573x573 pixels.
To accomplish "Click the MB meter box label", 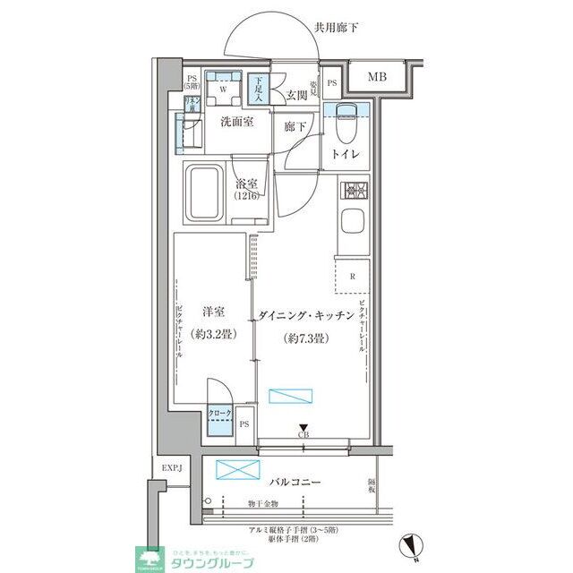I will [377, 78].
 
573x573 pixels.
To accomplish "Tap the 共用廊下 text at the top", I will [337, 28].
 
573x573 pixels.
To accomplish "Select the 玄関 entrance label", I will [297, 96].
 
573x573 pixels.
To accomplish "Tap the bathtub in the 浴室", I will [206, 193].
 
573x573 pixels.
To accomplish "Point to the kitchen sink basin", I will [353, 222].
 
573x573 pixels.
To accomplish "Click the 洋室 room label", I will [212, 312].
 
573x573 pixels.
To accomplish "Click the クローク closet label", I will [219, 413].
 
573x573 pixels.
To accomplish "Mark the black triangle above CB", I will [304, 427].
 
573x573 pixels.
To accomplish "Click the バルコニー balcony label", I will [293, 483].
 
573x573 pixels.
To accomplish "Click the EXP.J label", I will [171, 469].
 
